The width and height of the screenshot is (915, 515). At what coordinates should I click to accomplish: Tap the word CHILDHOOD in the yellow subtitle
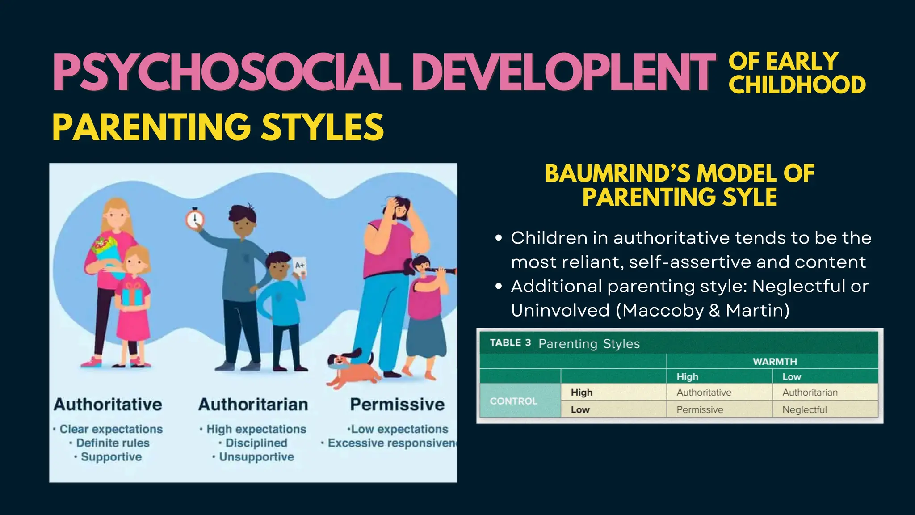point(797,85)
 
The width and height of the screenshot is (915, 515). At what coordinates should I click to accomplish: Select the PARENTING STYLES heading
point(218,127)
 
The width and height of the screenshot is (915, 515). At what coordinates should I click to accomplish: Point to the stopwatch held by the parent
point(195,219)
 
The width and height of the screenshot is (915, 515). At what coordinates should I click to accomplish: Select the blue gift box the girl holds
point(132,295)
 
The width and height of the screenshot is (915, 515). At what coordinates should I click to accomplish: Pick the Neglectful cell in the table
point(805,409)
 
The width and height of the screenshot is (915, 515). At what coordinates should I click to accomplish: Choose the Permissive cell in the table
point(700,409)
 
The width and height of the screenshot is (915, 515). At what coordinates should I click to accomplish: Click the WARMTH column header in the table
point(775,361)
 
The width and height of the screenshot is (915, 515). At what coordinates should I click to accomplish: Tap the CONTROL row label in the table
point(513,401)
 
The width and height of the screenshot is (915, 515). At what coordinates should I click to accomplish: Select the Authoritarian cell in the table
point(810,393)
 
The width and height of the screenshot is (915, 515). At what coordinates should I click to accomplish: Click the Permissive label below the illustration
point(397,405)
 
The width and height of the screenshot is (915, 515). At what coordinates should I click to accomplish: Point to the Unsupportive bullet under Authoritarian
point(256,457)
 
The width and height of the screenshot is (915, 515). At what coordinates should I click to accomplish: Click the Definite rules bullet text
point(113,443)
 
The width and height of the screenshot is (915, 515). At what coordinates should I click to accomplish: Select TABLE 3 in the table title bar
point(510,343)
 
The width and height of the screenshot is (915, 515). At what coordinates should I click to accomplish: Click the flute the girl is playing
point(440,270)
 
